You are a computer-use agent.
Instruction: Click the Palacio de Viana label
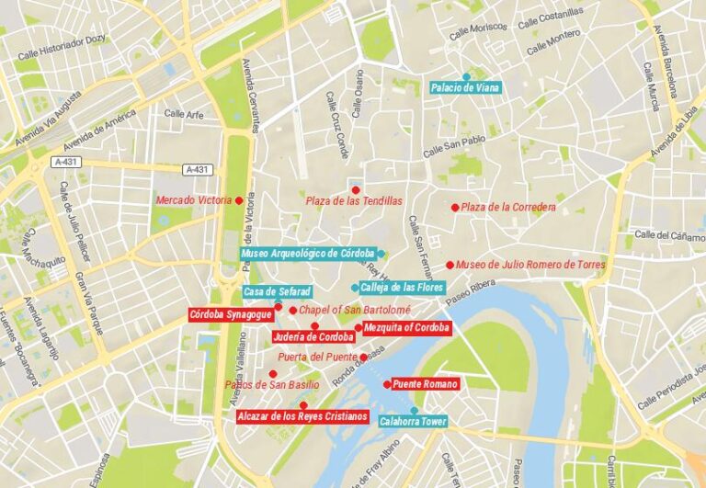tap(465, 88)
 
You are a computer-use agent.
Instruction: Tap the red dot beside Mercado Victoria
tap(239, 200)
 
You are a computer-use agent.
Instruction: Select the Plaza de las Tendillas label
tap(354, 200)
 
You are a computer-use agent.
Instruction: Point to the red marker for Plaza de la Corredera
tap(454, 208)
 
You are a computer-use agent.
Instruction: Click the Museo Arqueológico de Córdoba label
tap(307, 253)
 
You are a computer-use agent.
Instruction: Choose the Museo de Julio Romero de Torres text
tap(530, 265)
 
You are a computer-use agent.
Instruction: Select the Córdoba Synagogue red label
tap(231, 314)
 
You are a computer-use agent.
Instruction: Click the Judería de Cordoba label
tap(319, 336)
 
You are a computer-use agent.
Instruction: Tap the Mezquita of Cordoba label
tap(406, 327)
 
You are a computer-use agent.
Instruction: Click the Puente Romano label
tap(425, 384)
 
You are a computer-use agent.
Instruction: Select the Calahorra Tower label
tap(413, 423)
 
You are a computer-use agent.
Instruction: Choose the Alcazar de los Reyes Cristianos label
tap(302, 416)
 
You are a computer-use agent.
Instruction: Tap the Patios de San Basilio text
tap(272, 384)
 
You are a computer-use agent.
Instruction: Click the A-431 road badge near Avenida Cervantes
tap(198, 169)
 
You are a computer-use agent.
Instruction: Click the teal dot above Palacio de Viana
tap(466, 76)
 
